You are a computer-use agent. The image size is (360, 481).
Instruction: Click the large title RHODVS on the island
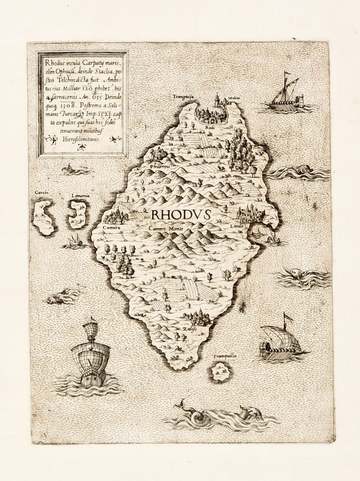click(181, 215)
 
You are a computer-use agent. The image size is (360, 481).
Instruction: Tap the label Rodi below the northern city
click(208, 127)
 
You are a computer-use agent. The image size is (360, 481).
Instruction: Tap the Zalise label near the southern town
click(189, 328)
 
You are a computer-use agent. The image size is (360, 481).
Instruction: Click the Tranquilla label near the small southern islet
click(225, 356)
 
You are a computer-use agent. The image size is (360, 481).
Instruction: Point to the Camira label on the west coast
click(111, 227)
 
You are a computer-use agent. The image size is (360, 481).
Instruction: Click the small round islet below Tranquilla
click(220, 372)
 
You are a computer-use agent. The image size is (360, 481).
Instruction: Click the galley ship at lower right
click(280, 344)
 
